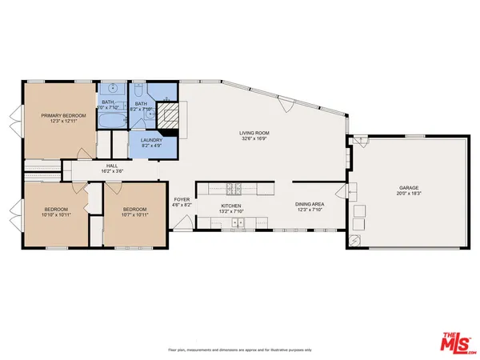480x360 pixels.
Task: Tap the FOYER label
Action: point(182,199)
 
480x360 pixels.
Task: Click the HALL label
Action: point(112,166)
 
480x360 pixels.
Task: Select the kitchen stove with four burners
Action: point(233,190)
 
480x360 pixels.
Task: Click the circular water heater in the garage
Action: point(354,240)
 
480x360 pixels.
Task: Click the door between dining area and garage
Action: point(349,192)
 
